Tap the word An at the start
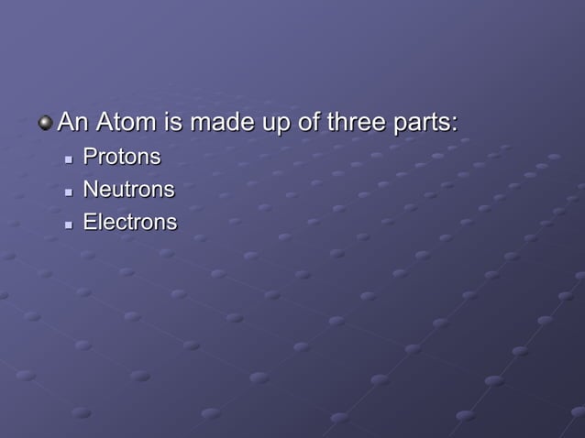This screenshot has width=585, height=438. coord(71,122)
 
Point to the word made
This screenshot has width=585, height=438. coord(216,122)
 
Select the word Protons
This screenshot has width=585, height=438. coord(122,157)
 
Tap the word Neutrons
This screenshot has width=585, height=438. coord(128,190)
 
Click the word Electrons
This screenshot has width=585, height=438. coord(130,222)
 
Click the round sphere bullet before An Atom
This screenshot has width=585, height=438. coord(46,123)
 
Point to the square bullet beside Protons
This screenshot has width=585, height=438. coord(68,159)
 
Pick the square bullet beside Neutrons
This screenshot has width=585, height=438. coord(68,192)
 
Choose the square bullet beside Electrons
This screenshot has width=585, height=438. coord(68,224)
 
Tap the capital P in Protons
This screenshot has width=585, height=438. coord(89,157)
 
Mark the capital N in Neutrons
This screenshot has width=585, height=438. coord(90,190)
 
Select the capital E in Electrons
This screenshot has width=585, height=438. coord(89,222)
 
